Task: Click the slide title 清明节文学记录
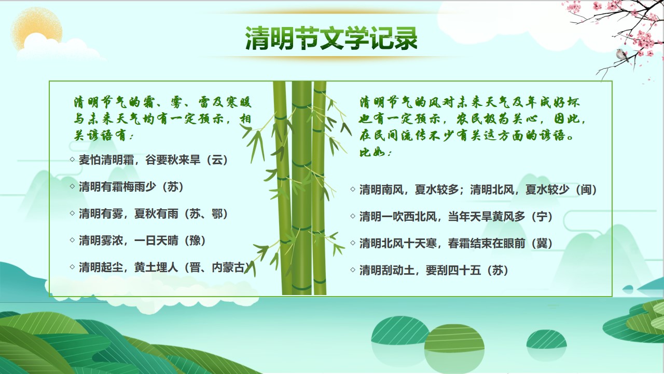tap(331, 38)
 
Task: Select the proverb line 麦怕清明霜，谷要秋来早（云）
tap(153, 160)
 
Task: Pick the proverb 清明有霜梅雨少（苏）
tap(131, 187)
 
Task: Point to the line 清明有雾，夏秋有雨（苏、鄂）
tap(153, 213)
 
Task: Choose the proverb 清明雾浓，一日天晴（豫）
tap(142, 241)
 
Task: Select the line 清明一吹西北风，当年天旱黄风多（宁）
tap(456, 217)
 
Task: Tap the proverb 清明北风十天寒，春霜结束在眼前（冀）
tap(456, 244)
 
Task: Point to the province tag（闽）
tap(586, 190)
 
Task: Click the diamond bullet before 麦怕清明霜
tap(72, 159)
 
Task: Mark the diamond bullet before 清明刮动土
tap(353, 270)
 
